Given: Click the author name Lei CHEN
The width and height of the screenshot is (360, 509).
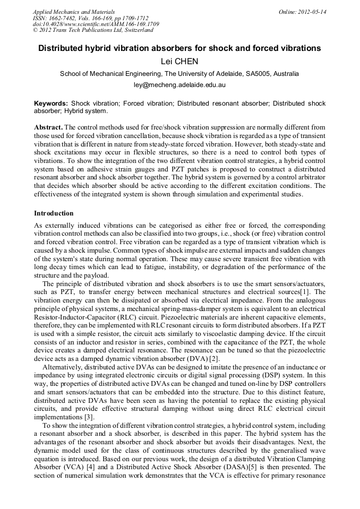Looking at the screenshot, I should click(x=179, y=62).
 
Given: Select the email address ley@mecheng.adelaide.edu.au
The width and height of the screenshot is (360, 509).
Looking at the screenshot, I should click(x=179, y=85).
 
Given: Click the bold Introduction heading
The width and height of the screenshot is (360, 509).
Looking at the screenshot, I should click(x=54, y=213).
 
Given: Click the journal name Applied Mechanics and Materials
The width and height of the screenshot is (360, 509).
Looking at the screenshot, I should click(x=73, y=12).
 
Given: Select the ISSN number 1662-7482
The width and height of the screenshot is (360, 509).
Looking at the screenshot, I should click(x=67, y=18).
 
